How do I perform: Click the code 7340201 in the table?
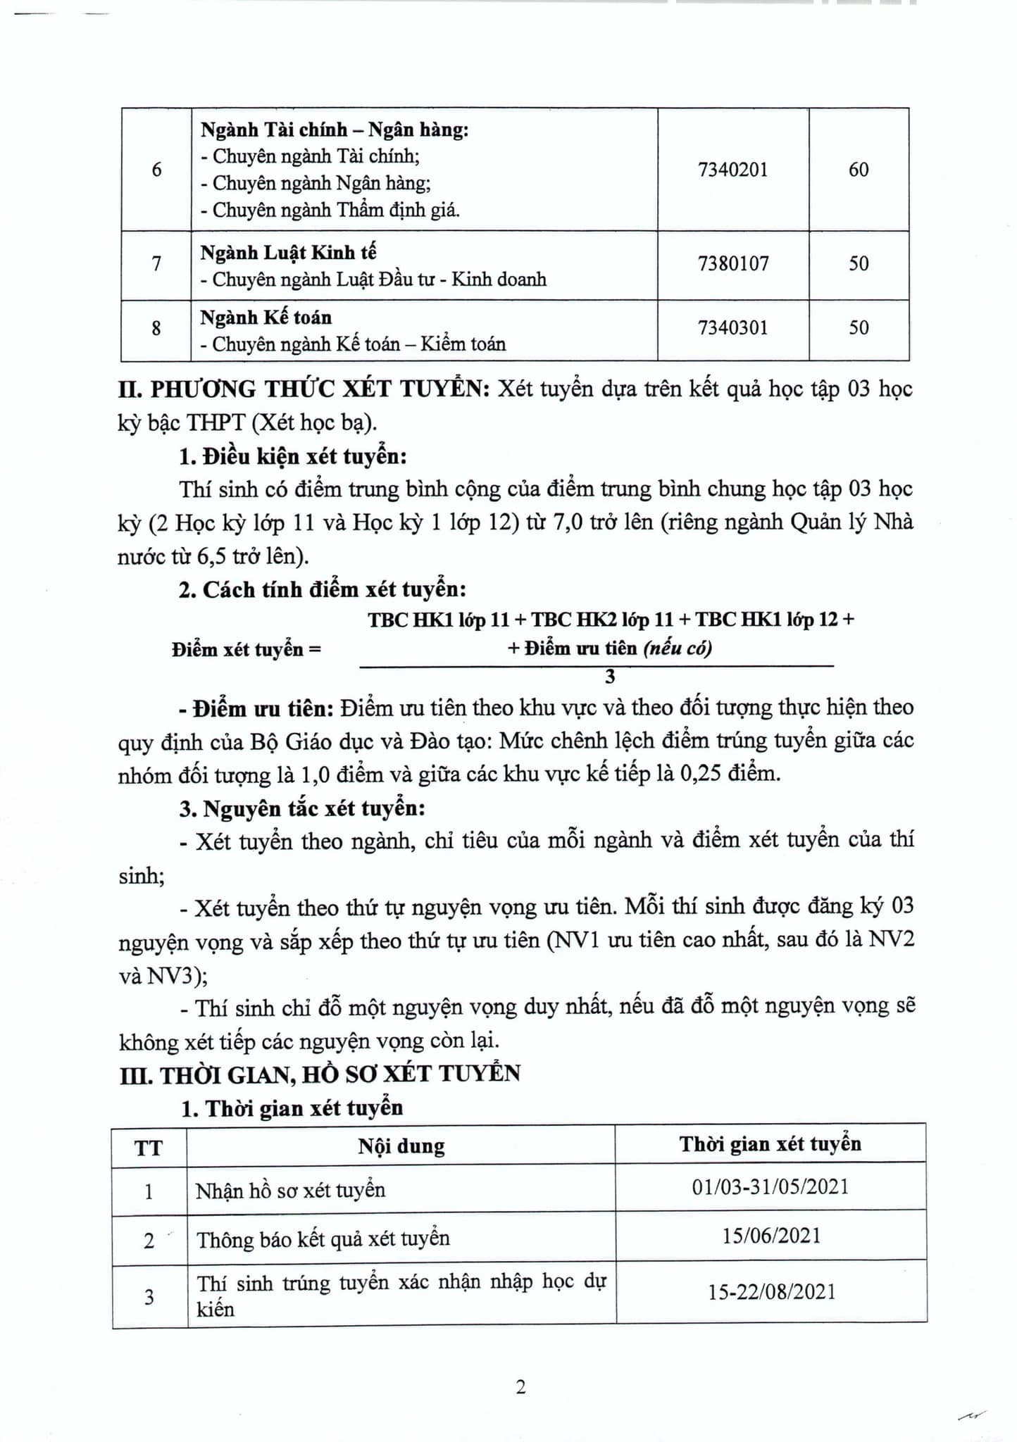[x=732, y=170]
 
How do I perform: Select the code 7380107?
[x=732, y=264]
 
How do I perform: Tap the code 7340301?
[x=732, y=328]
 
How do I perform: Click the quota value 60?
[x=859, y=170]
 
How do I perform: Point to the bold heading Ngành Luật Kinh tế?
[x=289, y=252]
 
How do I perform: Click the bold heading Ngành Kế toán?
[x=266, y=318]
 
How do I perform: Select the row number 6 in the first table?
[x=156, y=170]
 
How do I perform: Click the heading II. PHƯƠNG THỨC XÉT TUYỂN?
[x=304, y=389]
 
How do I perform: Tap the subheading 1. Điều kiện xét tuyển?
[x=293, y=457]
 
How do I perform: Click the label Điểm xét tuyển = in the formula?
[x=246, y=649]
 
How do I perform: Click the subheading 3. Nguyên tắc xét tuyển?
[x=302, y=808]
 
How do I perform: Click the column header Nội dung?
[x=401, y=1146]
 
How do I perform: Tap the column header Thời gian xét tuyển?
[x=770, y=1143]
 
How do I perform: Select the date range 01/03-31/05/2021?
[x=770, y=1187]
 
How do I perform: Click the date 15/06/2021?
[x=770, y=1236]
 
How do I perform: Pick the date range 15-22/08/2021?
[x=770, y=1291]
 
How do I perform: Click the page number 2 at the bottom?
[x=521, y=1387]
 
